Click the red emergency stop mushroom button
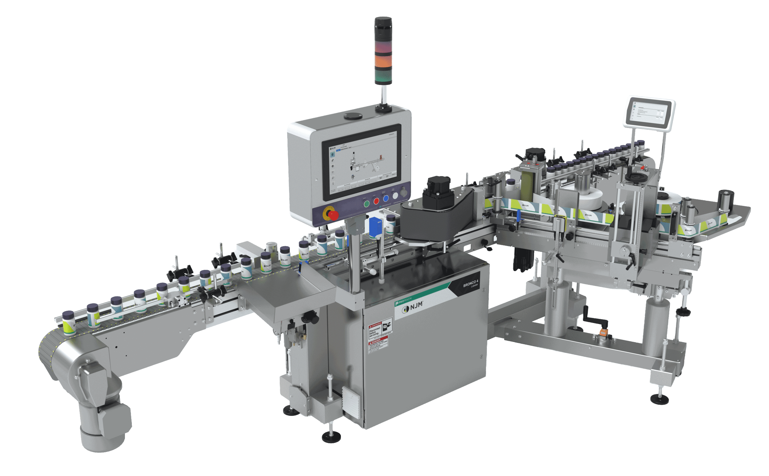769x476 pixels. [x=333, y=215]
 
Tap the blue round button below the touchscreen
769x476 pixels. [x=386, y=198]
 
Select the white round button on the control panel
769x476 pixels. [x=395, y=196]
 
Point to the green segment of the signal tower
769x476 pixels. [x=383, y=76]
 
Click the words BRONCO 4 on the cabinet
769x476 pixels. [x=470, y=284]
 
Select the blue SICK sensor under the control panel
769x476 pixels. [x=375, y=227]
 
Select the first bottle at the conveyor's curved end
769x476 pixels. [x=68, y=322]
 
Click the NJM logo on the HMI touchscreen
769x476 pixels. [x=333, y=148]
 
